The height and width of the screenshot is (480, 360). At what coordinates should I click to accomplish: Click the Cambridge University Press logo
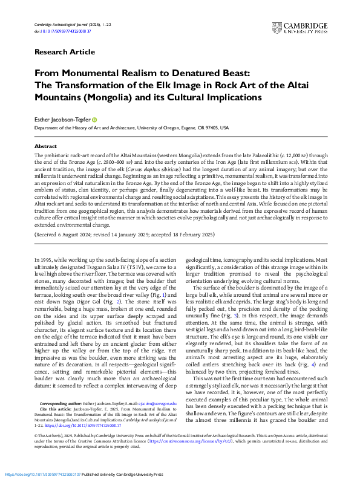(x=307, y=27)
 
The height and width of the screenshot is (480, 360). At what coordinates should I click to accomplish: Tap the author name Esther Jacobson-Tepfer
(x=61, y=120)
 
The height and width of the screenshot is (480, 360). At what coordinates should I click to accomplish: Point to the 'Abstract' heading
(x=45, y=146)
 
